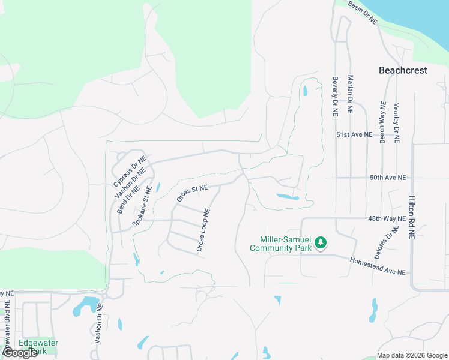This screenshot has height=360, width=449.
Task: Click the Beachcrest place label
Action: (x=403, y=70)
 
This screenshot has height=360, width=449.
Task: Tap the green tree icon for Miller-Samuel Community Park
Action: (x=321, y=242)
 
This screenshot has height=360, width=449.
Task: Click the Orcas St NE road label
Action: (x=192, y=193)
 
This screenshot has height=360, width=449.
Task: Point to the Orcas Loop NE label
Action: (x=203, y=230)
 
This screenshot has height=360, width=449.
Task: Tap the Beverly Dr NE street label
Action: (x=336, y=95)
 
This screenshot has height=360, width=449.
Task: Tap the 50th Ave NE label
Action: (x=388, y=178)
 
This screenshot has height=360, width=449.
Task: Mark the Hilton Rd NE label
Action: (x=412, y=217)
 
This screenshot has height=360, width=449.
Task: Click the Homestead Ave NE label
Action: (x=378, y=266)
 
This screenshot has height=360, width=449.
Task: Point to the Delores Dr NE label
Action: (x=385, y=242)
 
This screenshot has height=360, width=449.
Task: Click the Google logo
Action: (x=20, y=353)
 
